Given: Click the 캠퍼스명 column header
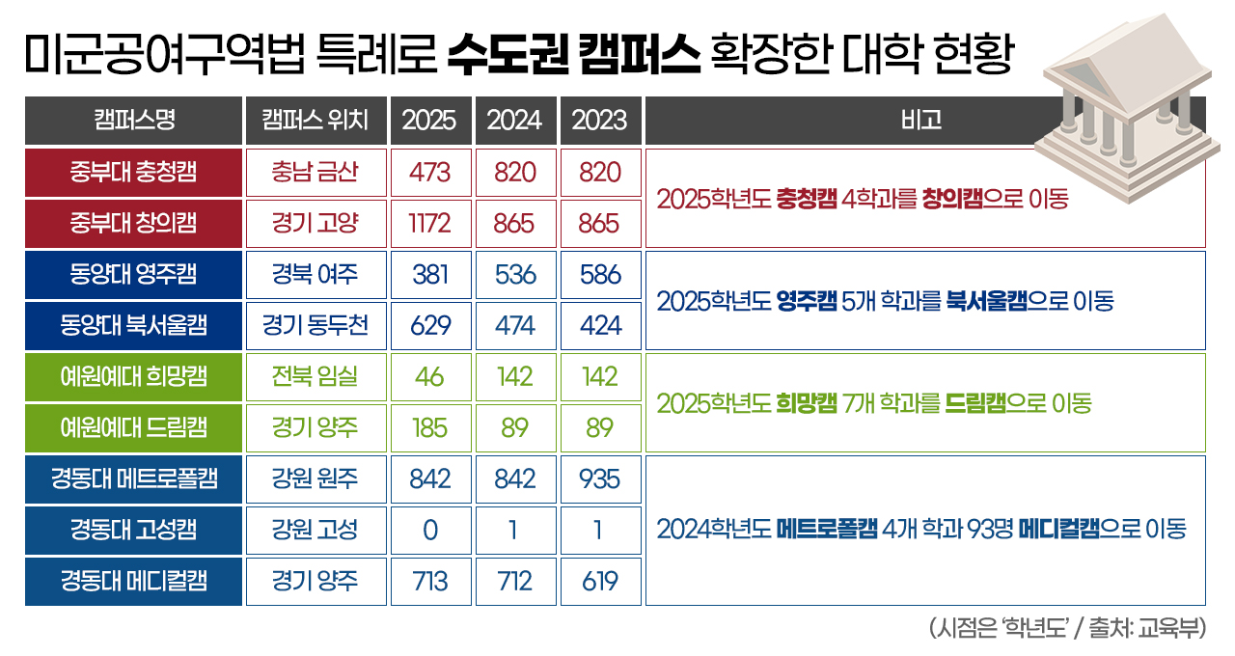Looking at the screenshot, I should pos(133,121).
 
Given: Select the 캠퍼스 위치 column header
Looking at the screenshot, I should pos(316,121).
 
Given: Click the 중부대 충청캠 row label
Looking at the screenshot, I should pos(133,173).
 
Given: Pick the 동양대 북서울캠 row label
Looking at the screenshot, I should pos(133,325).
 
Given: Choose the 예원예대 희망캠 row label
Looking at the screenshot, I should pos(133,376).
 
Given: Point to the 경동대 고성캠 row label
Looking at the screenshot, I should pos(133,530).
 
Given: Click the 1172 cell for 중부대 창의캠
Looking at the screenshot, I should pos(430,224).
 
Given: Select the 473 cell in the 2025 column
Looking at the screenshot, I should pos(430,173).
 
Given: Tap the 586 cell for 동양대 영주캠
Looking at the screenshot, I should pos(600,274).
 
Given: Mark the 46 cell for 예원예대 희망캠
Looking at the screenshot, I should pos(430,376).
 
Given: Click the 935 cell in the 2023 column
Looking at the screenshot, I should pos(600,478).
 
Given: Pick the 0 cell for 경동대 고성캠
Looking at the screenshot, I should pos(430,530).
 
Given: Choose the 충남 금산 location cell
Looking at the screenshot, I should pos(316,173).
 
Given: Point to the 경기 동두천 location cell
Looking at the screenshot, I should pos(316,325).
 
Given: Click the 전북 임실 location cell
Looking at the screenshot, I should pos(316,376).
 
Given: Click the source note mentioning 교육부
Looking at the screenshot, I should pos(1065,628).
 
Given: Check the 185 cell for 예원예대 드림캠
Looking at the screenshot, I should pos(430,427).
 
